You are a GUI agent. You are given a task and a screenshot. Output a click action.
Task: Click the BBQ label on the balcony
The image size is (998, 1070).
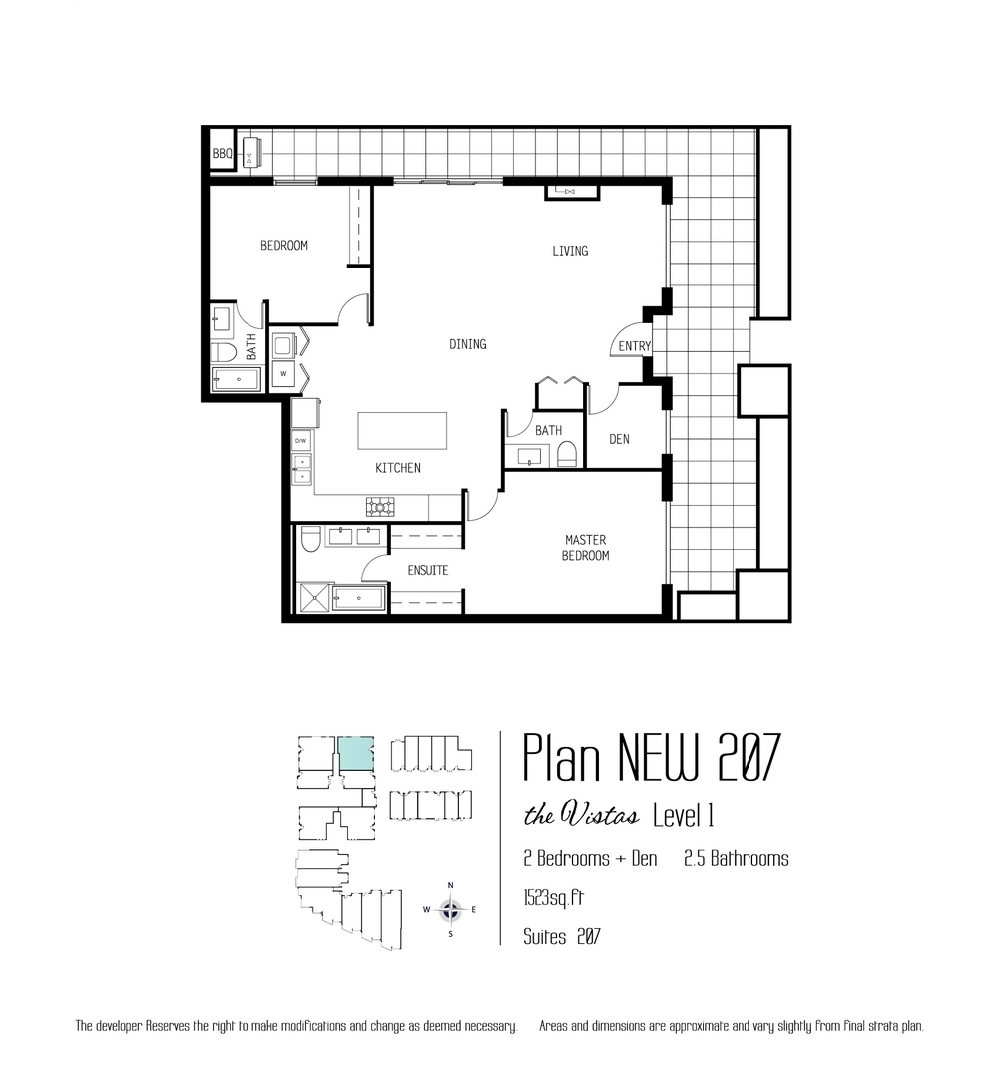pos(222,154)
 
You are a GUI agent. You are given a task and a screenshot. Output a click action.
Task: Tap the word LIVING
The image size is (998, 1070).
pos(570,251)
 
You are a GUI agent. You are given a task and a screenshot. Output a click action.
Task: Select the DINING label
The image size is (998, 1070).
pos(468,344)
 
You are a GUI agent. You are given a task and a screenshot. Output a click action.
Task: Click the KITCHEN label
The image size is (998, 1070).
pos(397,468)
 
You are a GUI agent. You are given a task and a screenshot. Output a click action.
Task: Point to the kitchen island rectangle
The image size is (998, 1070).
pos(402,430)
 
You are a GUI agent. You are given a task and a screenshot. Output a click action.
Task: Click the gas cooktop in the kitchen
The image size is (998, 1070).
pos(380,506)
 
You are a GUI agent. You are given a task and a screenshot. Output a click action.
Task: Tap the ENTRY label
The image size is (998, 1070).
pos(635,346)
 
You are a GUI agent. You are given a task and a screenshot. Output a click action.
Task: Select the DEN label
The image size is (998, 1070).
pos(619,439)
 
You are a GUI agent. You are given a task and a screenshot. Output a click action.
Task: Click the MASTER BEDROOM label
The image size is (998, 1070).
pos(585,547)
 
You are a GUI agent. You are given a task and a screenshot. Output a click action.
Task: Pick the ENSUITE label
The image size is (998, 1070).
pos(428,571)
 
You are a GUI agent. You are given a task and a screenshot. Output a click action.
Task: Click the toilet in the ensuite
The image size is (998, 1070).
pos(310,538)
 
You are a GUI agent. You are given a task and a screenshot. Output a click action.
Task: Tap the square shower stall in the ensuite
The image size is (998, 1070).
pos(315,597)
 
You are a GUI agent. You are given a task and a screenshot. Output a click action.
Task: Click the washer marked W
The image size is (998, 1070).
pos(283,374)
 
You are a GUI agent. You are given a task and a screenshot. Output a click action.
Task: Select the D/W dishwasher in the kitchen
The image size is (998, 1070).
pos(301,441)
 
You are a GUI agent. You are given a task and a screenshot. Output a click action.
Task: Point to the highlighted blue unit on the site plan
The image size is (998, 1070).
pos(356,753)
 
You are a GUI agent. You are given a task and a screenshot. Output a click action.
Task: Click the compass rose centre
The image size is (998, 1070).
pos(450,909)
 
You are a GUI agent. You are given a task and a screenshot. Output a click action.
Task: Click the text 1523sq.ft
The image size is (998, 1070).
pos(553,898)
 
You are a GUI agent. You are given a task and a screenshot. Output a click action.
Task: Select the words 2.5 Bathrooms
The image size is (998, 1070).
pos(737,858)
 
